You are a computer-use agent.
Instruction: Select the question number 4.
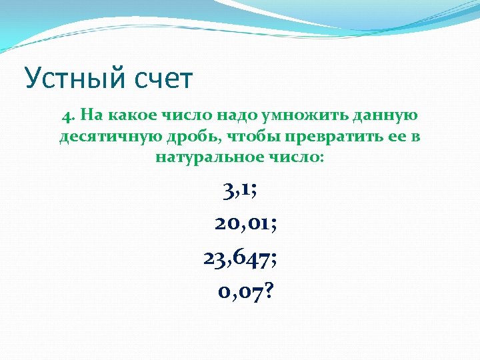click(x=67, y=115)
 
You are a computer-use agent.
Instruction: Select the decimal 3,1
click(x=236, y=191)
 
